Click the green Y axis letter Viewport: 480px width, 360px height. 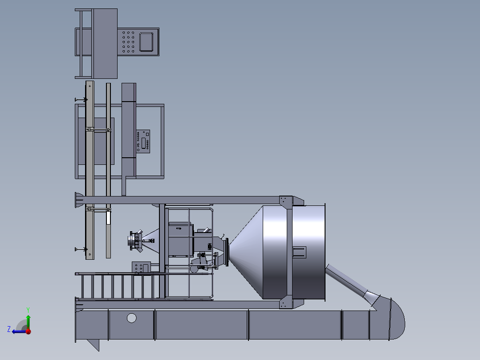tap(28, 310)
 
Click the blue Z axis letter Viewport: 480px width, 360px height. tap(9, 329)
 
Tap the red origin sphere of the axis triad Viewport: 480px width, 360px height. tap(28, 331)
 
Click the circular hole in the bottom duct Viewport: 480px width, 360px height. tap(132, 318)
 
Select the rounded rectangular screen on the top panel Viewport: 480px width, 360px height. tap(146, 42)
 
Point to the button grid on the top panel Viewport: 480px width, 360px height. tap(128, 42)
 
